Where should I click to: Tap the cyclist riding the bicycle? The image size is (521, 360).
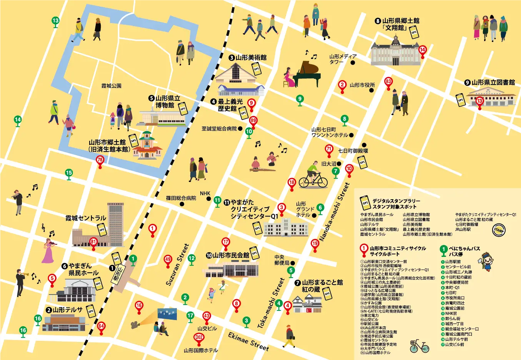click(313, 177)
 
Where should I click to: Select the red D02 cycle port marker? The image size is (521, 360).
click(199, 338)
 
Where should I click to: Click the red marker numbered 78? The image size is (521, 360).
click(100, 160)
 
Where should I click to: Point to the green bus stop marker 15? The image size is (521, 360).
click(69, 173)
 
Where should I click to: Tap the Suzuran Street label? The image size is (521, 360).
click(177, 265)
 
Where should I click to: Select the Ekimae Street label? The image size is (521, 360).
click(248, 341)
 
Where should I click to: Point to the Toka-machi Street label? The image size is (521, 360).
click(271, 304)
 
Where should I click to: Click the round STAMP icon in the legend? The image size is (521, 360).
click(499, 230)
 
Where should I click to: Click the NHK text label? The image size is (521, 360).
click(205, 193)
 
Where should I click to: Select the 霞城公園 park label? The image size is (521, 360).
click(111, 86)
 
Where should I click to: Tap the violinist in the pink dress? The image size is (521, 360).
click(48, 250)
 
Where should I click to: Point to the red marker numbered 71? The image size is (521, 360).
click(329, 149)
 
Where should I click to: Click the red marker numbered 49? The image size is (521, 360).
click(168, 260)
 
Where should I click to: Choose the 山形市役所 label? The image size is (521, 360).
click(362, 85)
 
